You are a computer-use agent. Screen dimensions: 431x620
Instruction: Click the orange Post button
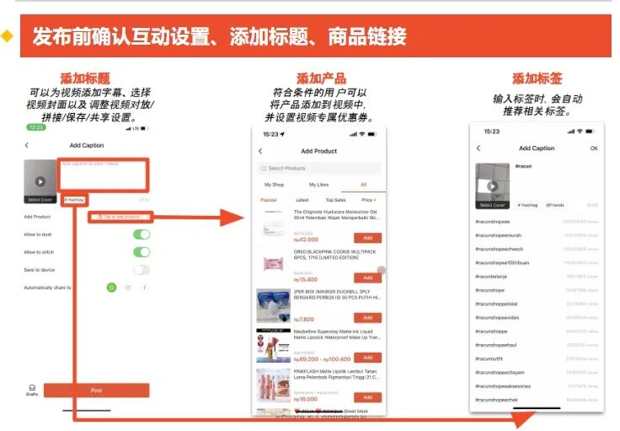tap(96, 391)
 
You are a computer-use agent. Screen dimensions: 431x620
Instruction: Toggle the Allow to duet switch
tap(142, 234)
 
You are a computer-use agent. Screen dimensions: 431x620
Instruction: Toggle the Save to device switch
tap(142, 270)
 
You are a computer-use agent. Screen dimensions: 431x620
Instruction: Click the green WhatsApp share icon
tap(111, 288)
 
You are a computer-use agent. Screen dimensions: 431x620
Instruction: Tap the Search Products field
tap(319, 168)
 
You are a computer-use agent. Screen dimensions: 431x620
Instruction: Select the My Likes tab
tap(318, 184)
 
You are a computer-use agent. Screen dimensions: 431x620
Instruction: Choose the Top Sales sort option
tap(335, 200)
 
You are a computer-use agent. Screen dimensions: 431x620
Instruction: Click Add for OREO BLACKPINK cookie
tap(367, 277)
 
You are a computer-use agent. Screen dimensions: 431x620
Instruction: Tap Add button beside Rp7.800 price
tap(367, 318)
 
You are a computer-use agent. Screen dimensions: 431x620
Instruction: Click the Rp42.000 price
tap(306, 240)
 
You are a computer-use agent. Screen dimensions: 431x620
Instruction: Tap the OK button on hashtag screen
tap(594, 148)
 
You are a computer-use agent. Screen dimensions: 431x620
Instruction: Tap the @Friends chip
tap(554, 205)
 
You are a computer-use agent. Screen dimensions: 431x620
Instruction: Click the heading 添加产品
tap(321, 78)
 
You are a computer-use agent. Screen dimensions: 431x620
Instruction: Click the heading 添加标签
tap(537, 78)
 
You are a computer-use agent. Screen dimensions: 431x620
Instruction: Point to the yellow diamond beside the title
tap(8, 36)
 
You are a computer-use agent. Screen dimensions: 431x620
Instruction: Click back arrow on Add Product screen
tap(260, 151)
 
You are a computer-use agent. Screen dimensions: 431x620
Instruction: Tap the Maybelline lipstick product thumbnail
tap(273, 346)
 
